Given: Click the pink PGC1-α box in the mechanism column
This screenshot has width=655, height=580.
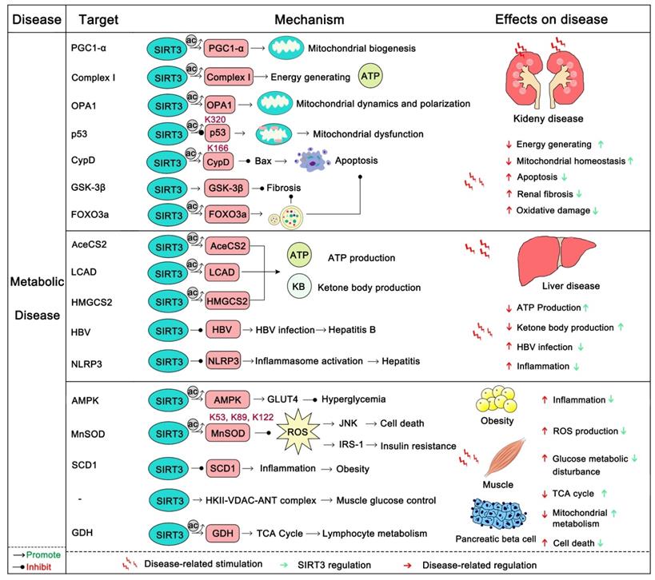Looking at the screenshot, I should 226,49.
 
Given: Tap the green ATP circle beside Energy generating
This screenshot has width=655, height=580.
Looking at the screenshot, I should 371,77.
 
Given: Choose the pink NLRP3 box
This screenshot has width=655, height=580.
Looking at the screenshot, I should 224,360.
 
